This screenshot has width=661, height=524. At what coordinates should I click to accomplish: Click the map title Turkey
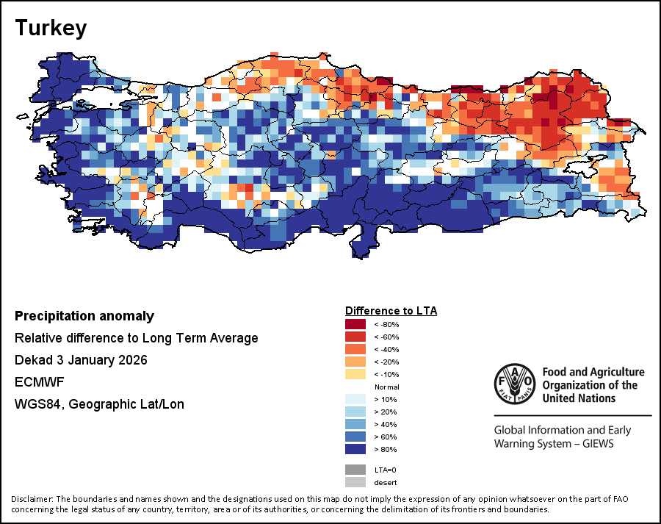(51, 28)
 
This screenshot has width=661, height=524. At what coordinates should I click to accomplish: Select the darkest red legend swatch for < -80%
(356, 324)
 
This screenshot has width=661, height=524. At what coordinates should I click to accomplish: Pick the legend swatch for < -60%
(356, 337)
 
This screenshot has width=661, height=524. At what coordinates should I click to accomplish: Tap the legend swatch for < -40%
(356, 349)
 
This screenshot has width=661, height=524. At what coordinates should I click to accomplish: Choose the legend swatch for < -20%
(356, 362)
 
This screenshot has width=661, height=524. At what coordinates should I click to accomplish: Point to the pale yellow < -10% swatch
(356, 374)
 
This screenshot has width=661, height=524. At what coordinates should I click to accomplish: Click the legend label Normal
(386, 387)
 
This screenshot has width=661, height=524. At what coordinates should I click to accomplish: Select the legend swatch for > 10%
(356, 399)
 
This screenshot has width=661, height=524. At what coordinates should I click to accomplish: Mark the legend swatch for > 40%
(356, 424)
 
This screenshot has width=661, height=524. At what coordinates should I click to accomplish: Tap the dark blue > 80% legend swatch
(356, 449)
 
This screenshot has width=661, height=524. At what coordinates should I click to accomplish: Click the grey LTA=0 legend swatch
(356, 469)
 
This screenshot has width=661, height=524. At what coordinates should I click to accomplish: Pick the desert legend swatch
(356, 482)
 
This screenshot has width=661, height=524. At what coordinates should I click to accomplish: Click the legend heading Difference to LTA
(391, 311)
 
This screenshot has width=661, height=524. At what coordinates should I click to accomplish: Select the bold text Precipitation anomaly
(84, 316)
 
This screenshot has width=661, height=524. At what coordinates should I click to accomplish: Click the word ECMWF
(35, 382)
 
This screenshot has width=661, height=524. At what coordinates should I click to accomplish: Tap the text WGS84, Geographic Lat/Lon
(99, 404)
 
